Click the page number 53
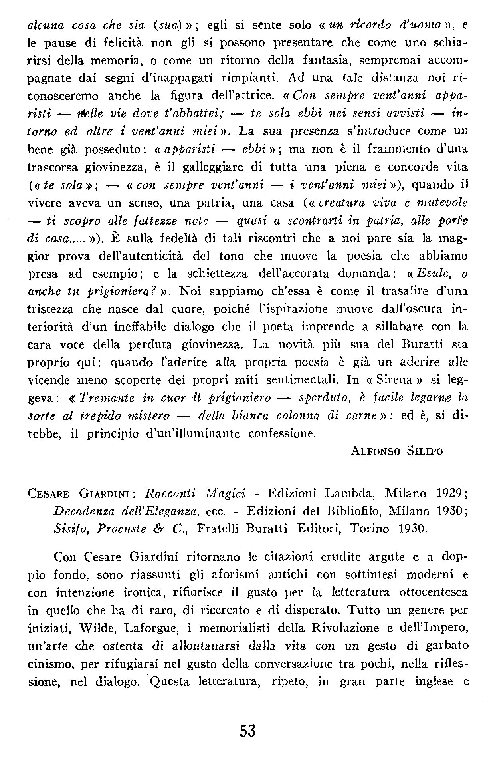pos(247,731)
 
